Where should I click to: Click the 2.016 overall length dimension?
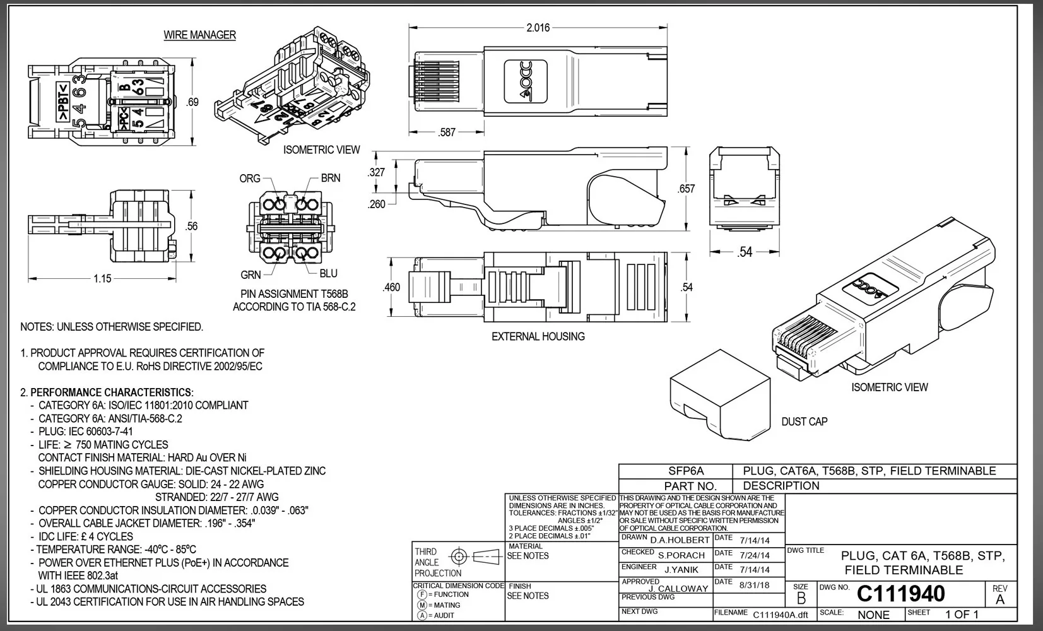(x=538, y=28)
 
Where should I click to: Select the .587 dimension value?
(x=447, y=133)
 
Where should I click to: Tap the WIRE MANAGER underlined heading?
(x=199, y=35)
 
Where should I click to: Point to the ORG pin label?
(x=250, y=179)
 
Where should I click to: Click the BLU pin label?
(x=328, y=273)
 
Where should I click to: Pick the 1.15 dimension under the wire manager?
(x=102, y=278)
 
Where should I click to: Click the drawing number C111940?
(x=900, y=594)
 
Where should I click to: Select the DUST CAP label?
(x=804, y=422)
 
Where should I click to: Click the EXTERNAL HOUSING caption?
(x=538, y=337)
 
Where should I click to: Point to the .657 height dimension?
(x=686, y=189)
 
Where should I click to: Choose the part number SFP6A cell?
(x=686, y=471)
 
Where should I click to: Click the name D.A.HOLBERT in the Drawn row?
(x=680, y=540)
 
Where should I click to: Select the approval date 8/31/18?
(x=754, y=585)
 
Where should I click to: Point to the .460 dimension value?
(x=391, y=287)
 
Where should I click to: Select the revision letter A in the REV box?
(x=999, y=599)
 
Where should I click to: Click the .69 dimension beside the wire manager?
(x=193, y=102)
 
